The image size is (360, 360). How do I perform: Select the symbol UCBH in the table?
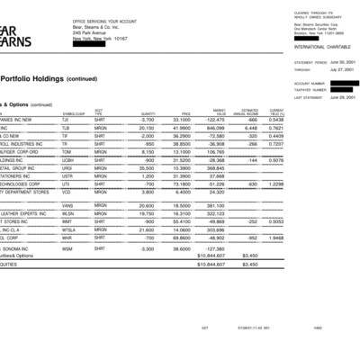pos(68,159)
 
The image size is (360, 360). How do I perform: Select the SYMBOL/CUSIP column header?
pos(75,112)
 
